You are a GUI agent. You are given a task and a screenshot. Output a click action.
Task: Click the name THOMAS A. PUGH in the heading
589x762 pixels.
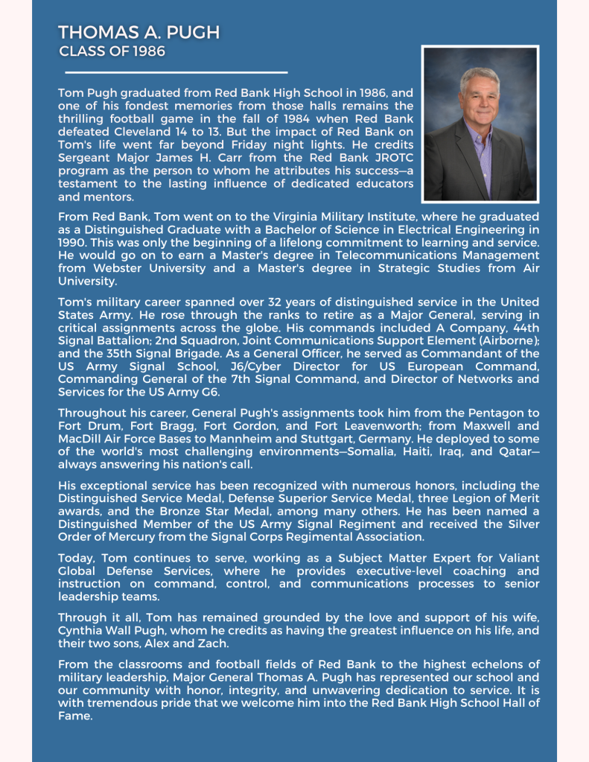pos(139,33)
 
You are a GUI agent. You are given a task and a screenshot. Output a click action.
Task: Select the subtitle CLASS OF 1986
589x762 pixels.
pos(112,51)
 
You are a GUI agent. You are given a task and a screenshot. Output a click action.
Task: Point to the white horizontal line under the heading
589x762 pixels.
pos(176,73)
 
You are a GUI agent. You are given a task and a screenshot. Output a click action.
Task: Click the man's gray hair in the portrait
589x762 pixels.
pos(479,77)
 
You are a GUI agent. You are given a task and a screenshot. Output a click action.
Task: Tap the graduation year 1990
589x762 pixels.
pos(73,243)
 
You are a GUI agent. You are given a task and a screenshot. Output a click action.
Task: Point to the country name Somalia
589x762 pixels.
pos(369,452)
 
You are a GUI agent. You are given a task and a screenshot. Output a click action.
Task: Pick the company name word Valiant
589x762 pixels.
pos(517,559)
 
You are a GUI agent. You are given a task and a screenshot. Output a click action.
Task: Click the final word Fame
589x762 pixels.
pos(75,716)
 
